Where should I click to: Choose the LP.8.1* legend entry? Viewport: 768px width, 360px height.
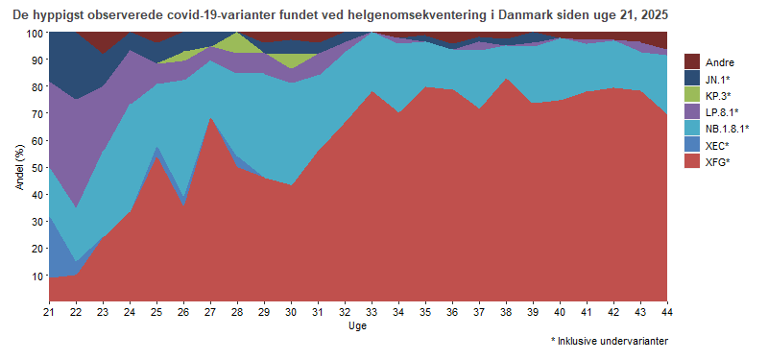click(719, 111)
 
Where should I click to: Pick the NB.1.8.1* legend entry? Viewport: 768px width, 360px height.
click(726, 128)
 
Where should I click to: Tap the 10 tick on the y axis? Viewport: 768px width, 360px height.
click(37, 276)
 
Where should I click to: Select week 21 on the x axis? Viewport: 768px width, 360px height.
click(49, 312)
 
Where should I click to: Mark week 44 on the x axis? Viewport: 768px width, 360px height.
click(667, 312)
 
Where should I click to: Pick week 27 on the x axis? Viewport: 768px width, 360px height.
click(210, 312)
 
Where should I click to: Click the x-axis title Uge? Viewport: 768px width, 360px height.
click(358, 326)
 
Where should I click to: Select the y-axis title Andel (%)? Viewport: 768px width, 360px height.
click(18, 167)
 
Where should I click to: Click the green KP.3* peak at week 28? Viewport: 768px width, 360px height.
click(237, 40)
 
